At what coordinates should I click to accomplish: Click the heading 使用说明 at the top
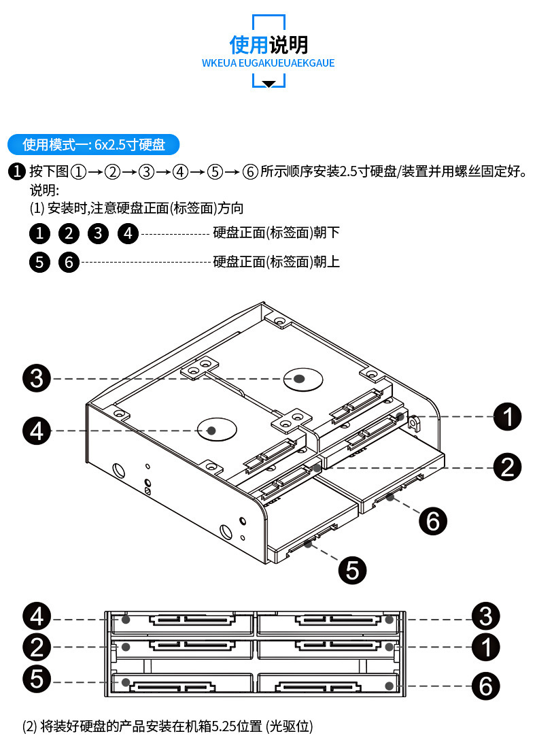click(268, 45)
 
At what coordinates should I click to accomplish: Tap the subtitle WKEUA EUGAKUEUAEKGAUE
click(268, 63)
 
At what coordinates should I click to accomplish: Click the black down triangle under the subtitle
click(268, 84)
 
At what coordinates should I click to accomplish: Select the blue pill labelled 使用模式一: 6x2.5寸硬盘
click(93, 144)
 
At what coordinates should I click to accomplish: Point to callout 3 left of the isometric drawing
click(37, 378)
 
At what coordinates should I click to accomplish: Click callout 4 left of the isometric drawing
click(37, 431)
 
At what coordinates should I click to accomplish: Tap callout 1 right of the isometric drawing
click(508, 416)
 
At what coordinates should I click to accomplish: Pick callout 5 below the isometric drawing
click(352, 570)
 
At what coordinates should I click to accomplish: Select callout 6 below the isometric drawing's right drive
click(432, 520)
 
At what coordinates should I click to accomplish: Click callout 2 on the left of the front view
click(37, 647)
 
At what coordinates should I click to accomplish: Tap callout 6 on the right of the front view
click(485, 686)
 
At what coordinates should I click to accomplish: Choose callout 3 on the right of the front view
click(485, 616)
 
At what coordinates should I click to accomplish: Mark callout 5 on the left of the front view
click(37, 679)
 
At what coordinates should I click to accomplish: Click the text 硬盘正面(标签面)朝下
click(276, 233)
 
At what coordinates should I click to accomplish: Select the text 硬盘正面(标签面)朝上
click(276, 262)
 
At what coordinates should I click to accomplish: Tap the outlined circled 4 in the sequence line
click(180, 171)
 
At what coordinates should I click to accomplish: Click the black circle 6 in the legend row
click(69, 263)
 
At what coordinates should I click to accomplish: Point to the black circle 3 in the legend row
click(98, 233)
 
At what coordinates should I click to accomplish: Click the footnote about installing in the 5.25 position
click(167, 726)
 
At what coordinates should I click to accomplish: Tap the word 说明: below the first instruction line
click(44, 190)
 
